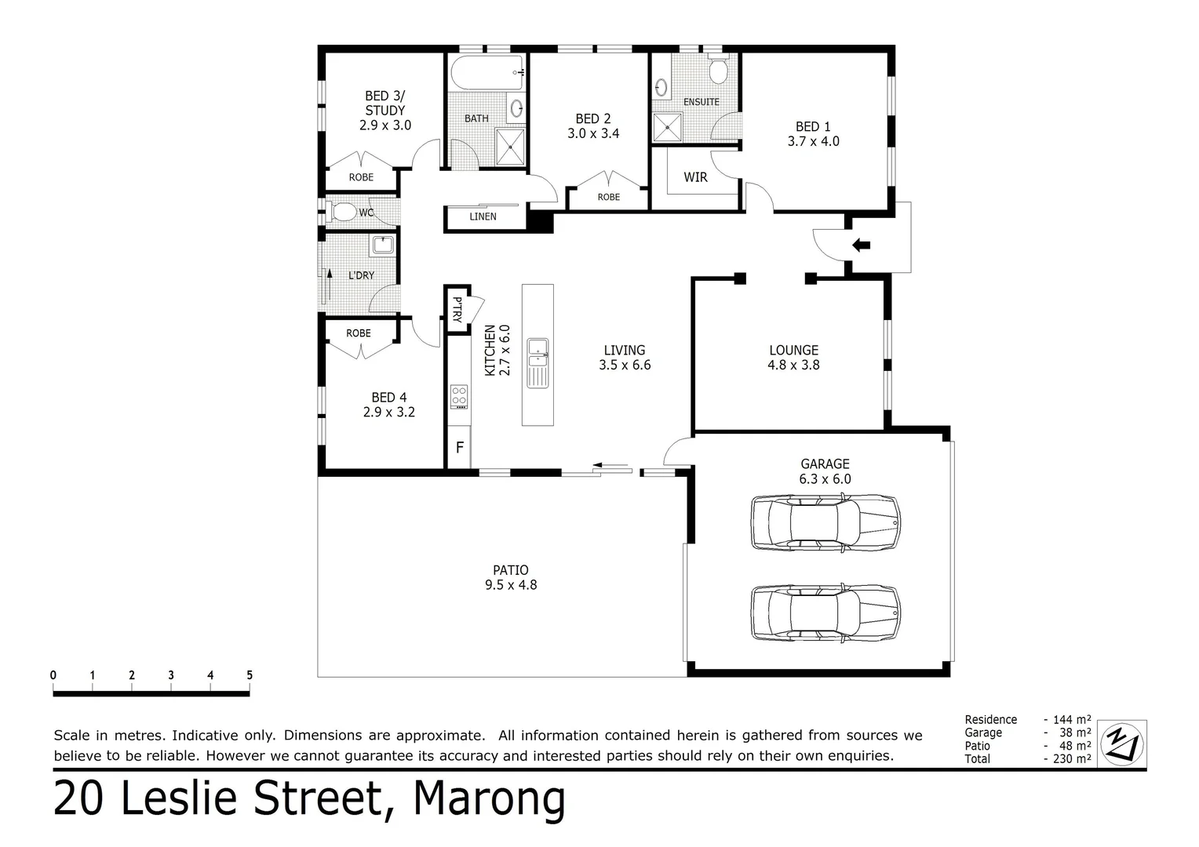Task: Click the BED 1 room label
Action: click(x=812, y=127)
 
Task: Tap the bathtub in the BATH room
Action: click(x=487, y=72)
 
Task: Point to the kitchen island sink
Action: click(x=538, y=362)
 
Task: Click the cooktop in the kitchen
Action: click(x=459, y=397)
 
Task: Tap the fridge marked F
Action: click(x=459, y=447)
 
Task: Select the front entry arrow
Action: click(x=862, y=245)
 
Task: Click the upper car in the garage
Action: click(x=825, y=522)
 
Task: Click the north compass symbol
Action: click(x=1121, y=743)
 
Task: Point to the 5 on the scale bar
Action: click(x=250, y=674)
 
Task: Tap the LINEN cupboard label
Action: click(x=483, y=216)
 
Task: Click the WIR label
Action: click(x=695, y=177)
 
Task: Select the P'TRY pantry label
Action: click(x=457, y=309)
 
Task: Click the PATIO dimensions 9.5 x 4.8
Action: click(x=511, y=585)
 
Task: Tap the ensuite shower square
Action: click(x=668, y=127)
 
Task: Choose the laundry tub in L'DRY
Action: click(x=383, y=245)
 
